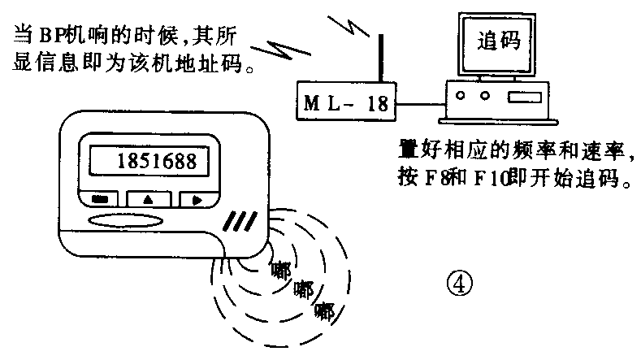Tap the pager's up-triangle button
click(147, 198)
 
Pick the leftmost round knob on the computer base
click(461, 96)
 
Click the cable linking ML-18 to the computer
click(418, 104)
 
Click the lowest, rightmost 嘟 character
click(325, 310)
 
